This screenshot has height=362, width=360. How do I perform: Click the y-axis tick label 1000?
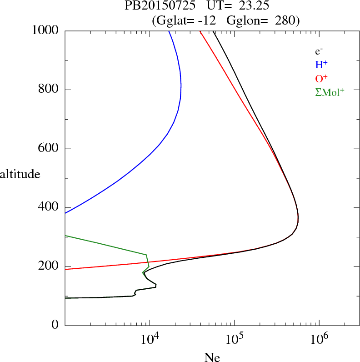(45, 30)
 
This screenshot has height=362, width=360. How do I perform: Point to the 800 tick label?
(49, 90)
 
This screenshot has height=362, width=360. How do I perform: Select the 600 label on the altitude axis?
(49, 149)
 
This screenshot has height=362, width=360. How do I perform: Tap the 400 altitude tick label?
(49, 208)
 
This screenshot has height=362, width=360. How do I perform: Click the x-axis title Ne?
(212, 357)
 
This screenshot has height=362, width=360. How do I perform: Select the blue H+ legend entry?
(321, 65)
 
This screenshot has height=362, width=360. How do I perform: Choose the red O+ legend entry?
(321, 78)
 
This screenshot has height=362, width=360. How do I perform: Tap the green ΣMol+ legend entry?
(330, 92)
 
